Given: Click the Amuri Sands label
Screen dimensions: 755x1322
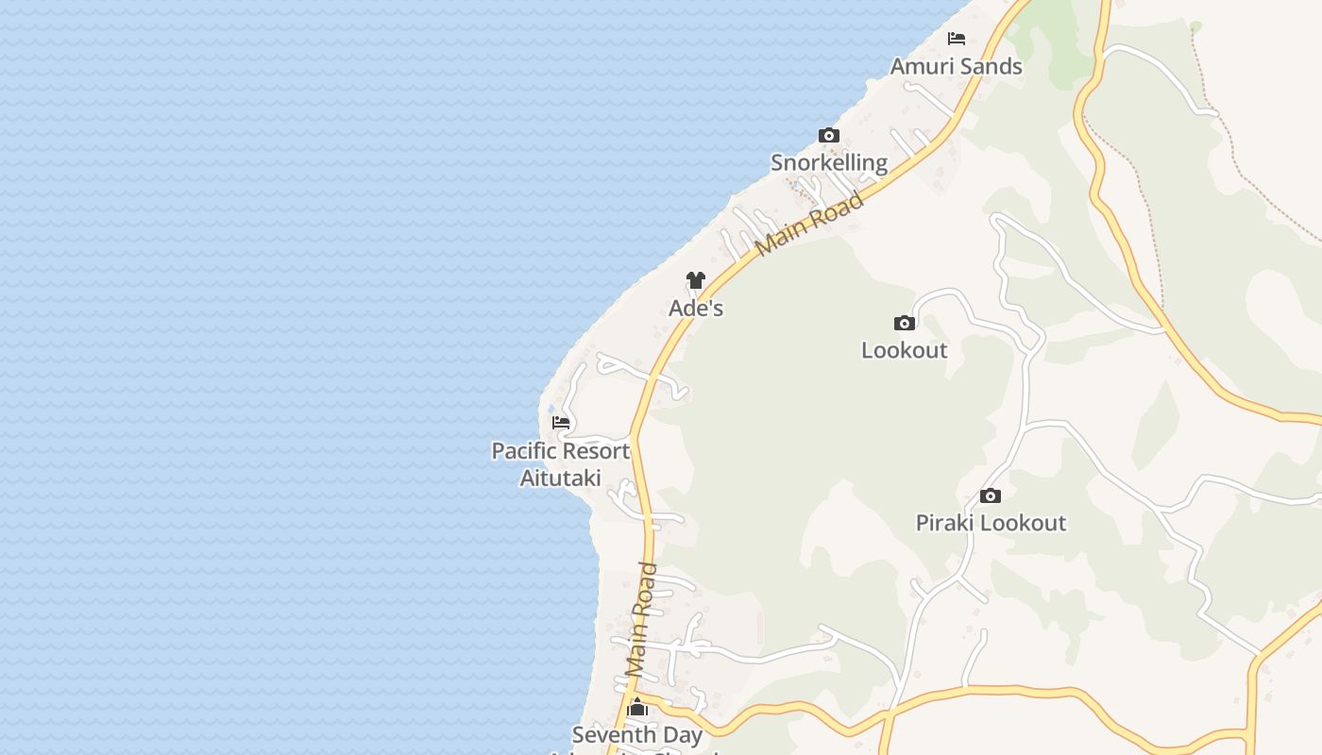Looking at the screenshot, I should click(956, 66).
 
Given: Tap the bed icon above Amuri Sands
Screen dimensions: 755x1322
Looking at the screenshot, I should click(957, 39).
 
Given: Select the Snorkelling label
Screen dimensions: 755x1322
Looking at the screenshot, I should click(829, 162).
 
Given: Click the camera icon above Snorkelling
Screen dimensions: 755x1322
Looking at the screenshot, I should click(829, 136).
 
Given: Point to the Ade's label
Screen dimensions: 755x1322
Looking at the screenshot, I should click(696, 308).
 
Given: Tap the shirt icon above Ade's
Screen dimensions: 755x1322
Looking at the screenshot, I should click(696, 280).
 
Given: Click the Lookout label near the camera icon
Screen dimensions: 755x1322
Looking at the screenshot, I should click(904, 350).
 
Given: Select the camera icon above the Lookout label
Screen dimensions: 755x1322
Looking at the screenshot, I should click(905, 324).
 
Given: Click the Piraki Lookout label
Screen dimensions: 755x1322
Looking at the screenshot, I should click(991, 523).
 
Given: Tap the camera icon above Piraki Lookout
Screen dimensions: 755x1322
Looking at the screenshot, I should click(991, 496).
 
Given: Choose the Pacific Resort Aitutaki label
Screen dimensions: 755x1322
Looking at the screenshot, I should click(560, 463).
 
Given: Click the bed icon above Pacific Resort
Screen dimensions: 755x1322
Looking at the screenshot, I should click(561, 423).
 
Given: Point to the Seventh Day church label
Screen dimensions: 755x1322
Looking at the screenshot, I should click(637, 735).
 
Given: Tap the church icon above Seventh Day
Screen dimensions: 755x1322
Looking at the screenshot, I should click(637, 708).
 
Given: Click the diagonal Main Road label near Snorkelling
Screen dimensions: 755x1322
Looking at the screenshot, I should click(810, 223).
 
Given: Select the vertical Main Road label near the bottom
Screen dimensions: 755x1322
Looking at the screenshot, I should click(642, 619).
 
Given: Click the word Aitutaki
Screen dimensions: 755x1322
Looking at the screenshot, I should click(560, 478).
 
